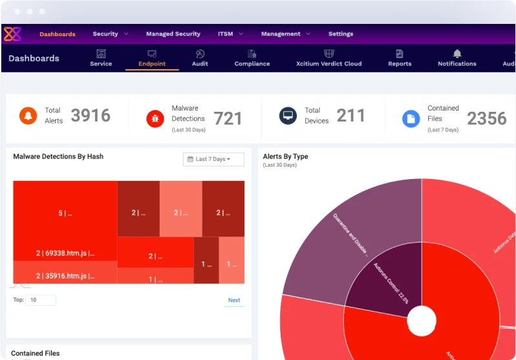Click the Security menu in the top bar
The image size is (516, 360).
[105, 34]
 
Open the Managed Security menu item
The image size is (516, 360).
[173, 34]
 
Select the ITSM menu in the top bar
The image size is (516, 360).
[225, 34]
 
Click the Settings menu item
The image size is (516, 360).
[340, 34]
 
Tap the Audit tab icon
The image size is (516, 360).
[200, 54]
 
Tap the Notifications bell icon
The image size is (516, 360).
[457, 54]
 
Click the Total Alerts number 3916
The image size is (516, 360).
[91, 116]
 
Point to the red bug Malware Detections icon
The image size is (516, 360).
[155, 118]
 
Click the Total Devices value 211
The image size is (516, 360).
[350, 116]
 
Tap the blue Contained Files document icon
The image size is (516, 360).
[411, 118]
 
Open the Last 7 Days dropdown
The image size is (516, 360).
[213, 159]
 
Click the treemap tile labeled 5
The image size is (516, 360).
[65, 213]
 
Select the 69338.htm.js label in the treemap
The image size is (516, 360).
[65, 253]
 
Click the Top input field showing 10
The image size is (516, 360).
[41, 300]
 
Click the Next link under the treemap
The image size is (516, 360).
[234, 300]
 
